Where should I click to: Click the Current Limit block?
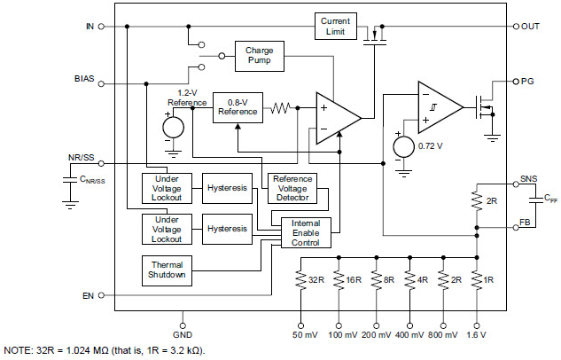pyautogui.click(x=336, y=26)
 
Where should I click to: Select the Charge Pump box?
pyautogui.click(x=260, y=56)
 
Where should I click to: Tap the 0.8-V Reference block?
pyautogui.click(x=238, y=107)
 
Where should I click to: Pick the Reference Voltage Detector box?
pyautogui.click(x=292, y=188)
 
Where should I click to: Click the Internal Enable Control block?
pyautogui.click(x=306, y=232)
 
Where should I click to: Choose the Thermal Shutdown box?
pyautogui.click(x=167, y=270)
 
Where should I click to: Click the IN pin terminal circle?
pyautogui.click(x=101, y=27)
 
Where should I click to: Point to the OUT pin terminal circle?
pyautogui.click(x=516, y=27)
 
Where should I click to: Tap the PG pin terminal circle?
pyautogui.click(x=516, y=82)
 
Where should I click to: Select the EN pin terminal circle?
pyautogui.click(x=101, y=295)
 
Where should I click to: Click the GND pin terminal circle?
pyautogui.click(x=183, y=325)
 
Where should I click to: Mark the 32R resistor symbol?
pyautogui.click(x=300, y=280)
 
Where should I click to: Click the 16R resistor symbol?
pyautogui.click(x=339, y=280)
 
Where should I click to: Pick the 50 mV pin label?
pyautogui.click(x=305, y=335)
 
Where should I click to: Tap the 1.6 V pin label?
pyautogui.click(x=476, y=335)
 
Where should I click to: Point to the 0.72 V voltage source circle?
pyautogui.click(x=403, y=146)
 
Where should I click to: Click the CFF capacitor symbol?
pyautogui.click(x=535, y=200)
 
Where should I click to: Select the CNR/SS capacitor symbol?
pyautogui.click(x=70, y=180)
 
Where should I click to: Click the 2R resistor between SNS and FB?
pyautogui.click(x=477, y=201)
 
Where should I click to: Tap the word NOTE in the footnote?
pyautogui.click(x=18, y=350)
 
